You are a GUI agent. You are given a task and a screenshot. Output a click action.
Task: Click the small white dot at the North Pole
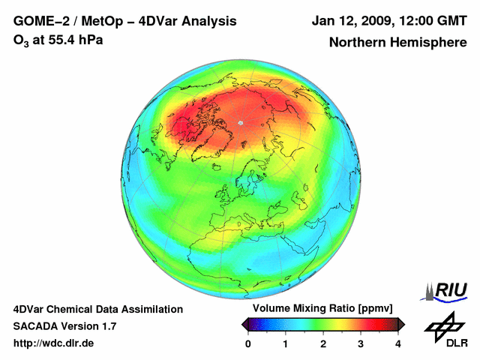pos(241,122)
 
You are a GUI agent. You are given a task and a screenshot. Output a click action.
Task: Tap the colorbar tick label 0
pos(248,343)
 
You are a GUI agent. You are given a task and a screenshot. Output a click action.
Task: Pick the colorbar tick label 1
pos(286,343)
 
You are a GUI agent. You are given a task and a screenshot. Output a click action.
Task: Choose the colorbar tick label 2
pos(323,343)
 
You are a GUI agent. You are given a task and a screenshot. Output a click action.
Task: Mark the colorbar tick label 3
pos(361,343)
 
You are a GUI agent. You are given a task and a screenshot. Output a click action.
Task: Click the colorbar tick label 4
pos(398,343)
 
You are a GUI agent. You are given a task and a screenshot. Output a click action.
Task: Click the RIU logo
pos(447,290)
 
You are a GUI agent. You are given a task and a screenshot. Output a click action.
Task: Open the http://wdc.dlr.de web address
pos(54,343)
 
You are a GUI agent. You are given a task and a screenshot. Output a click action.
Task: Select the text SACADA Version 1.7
pos(64,326)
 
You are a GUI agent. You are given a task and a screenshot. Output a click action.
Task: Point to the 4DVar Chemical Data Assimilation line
pos(97,309)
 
